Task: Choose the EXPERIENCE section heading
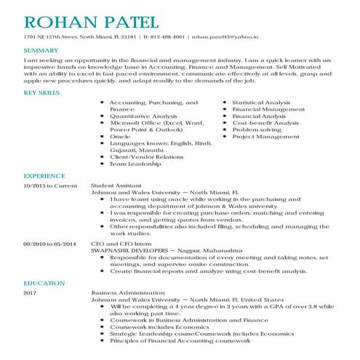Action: click(43, 176)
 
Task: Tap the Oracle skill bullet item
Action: click(120, 136)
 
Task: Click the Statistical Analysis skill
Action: click(261, 103)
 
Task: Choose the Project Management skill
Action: click(265, 136)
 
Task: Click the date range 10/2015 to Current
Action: click(49, 185)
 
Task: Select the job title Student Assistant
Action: click(116, 185)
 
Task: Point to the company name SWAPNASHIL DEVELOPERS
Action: click(129, 249)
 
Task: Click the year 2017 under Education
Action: click(30, 292)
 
